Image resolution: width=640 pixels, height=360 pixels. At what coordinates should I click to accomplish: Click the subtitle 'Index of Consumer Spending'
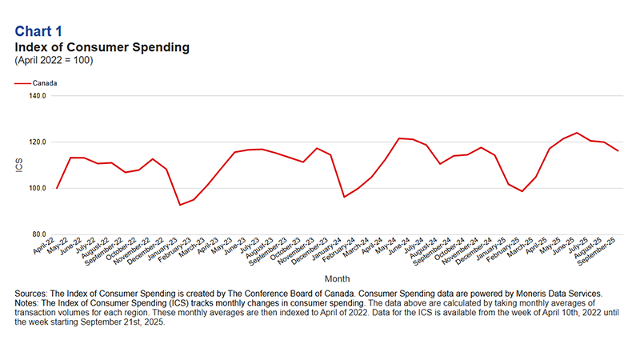(102, 47)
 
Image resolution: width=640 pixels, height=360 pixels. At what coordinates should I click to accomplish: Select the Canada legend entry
(44, 82)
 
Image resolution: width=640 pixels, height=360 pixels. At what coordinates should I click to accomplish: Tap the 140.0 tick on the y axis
(38, 96)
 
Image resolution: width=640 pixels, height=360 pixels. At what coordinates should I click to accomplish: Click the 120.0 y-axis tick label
(38, 142)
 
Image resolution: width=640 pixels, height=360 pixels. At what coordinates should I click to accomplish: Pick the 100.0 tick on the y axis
(38, 189)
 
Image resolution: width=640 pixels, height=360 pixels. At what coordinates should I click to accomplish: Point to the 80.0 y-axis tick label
(39, 234)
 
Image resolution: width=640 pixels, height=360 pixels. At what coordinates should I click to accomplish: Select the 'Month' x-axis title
(336, 278)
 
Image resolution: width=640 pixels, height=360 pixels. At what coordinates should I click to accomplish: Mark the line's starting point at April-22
(57, 188)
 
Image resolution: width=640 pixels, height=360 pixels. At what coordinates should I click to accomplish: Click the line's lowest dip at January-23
(180, 205)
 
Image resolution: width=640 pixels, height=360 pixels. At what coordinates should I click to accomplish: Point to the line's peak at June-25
(577, 133)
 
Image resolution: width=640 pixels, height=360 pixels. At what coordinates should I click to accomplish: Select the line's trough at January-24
(344, 197)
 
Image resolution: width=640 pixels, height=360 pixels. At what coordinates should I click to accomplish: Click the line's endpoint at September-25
(618, 151)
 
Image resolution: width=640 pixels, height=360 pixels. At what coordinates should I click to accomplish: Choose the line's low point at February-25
(522, 191)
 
